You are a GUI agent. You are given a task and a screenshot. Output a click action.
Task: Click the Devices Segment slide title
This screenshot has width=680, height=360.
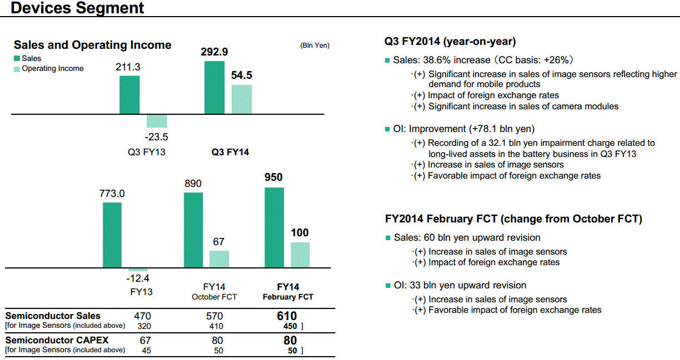(77, 8)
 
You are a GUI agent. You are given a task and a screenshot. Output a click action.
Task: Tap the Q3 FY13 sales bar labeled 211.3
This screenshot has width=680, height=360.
(129, 95)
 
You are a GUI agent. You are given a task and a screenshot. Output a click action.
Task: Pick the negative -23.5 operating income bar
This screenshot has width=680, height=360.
(157, 121)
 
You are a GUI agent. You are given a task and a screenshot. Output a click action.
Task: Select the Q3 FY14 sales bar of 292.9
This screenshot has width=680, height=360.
(214, 88)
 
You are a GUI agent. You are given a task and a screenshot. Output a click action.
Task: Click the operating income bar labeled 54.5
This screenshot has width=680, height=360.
(241, 99)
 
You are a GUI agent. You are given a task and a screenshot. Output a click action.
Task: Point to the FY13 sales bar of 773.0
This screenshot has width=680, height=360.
(112, 235)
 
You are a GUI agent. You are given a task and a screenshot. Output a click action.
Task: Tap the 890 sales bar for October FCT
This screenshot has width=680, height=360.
(193, 230)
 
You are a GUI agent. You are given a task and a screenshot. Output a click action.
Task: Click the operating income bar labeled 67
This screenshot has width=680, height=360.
(219, 259)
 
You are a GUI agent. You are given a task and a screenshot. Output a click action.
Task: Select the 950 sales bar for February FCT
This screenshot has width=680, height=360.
(274, 228)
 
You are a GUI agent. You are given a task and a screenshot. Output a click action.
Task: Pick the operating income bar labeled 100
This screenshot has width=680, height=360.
(300, 255)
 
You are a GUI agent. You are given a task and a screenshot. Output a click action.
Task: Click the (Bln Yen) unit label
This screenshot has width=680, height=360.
(315, 45)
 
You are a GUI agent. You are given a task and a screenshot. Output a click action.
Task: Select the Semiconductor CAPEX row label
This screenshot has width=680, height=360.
(57, 340)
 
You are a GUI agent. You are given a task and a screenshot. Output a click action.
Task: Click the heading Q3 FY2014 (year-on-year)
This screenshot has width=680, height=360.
(450, 42)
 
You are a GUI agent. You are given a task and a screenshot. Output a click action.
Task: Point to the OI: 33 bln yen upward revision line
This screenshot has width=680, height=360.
(460, 286)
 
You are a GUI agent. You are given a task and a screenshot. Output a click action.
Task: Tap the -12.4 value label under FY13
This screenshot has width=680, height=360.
(138, 278)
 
